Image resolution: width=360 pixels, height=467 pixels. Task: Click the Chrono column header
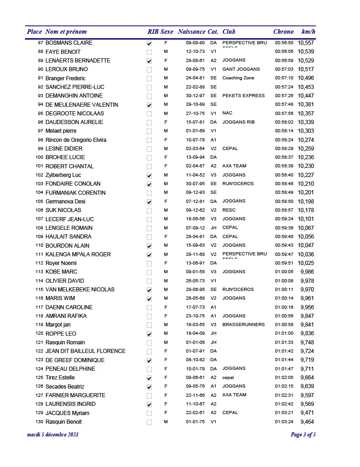point(283,31)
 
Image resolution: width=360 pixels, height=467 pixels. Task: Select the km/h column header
point(308,31)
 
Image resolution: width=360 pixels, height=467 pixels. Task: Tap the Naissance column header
point(191,31)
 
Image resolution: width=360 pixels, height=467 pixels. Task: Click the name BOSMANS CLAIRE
point(69,43)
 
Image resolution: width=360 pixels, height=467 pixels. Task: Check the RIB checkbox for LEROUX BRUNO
point(149,70)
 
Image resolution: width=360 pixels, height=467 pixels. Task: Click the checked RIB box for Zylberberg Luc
point(149,176)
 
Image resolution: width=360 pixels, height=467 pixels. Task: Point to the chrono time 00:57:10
point(284,78)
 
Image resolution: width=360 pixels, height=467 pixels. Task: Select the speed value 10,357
point(306,114)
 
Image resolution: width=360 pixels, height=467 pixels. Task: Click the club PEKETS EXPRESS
point(243,96)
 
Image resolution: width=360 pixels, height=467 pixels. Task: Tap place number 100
point(39,157)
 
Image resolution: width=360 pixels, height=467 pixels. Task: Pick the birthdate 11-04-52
point(195,175)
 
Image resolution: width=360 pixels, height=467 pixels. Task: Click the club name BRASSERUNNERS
point(243,325)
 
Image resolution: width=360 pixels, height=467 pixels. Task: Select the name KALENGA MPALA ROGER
point(78,254)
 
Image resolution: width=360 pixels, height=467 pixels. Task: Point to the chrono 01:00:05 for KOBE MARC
point(284,272)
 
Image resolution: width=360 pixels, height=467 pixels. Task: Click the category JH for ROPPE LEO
point(213,334)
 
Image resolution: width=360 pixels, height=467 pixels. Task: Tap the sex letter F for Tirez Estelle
point(166,378)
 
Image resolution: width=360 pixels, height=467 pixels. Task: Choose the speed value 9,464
point(307,422)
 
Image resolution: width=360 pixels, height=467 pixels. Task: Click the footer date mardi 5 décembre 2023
point(53,435)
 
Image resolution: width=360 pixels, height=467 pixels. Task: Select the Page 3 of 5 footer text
point(303,435)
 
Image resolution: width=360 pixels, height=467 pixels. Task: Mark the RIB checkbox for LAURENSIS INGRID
point(149,405)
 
